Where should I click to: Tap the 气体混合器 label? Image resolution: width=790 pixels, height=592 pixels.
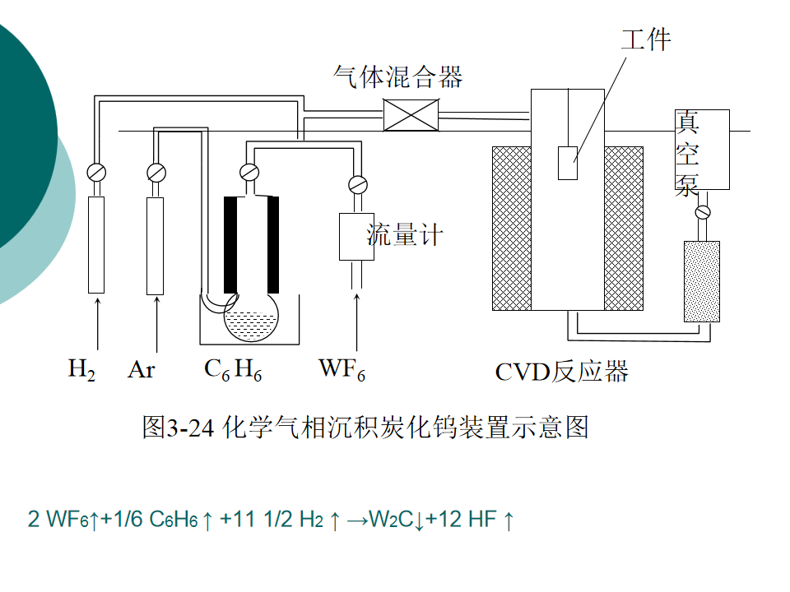point(397,76)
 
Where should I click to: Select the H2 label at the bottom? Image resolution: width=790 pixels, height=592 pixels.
point(81,370)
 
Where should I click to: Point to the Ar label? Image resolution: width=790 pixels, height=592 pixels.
point(141,370)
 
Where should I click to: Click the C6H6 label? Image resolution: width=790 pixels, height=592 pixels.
point(233,370)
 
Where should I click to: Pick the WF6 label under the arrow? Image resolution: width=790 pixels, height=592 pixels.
point(342,370)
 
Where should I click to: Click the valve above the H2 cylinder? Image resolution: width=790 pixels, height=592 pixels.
point(96,173)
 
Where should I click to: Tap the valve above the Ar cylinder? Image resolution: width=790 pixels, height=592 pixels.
point(155,173)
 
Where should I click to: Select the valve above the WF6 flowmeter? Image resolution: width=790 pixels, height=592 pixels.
point(357,183)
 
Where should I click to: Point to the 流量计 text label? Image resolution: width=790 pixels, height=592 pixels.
point(405,235)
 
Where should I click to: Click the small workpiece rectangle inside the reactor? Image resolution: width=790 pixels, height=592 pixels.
point(567,162)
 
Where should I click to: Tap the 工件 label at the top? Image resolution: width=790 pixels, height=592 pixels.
point(646,39)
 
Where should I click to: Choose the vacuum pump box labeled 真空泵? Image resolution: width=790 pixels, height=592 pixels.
point(702,150)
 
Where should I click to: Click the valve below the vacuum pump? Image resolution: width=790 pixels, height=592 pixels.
point(702,213)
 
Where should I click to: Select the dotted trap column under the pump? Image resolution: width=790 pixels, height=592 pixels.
point(701,281)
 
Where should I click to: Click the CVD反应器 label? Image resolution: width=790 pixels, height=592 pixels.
point(561,372)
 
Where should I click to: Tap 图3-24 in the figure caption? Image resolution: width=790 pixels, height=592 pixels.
point(177,428)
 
